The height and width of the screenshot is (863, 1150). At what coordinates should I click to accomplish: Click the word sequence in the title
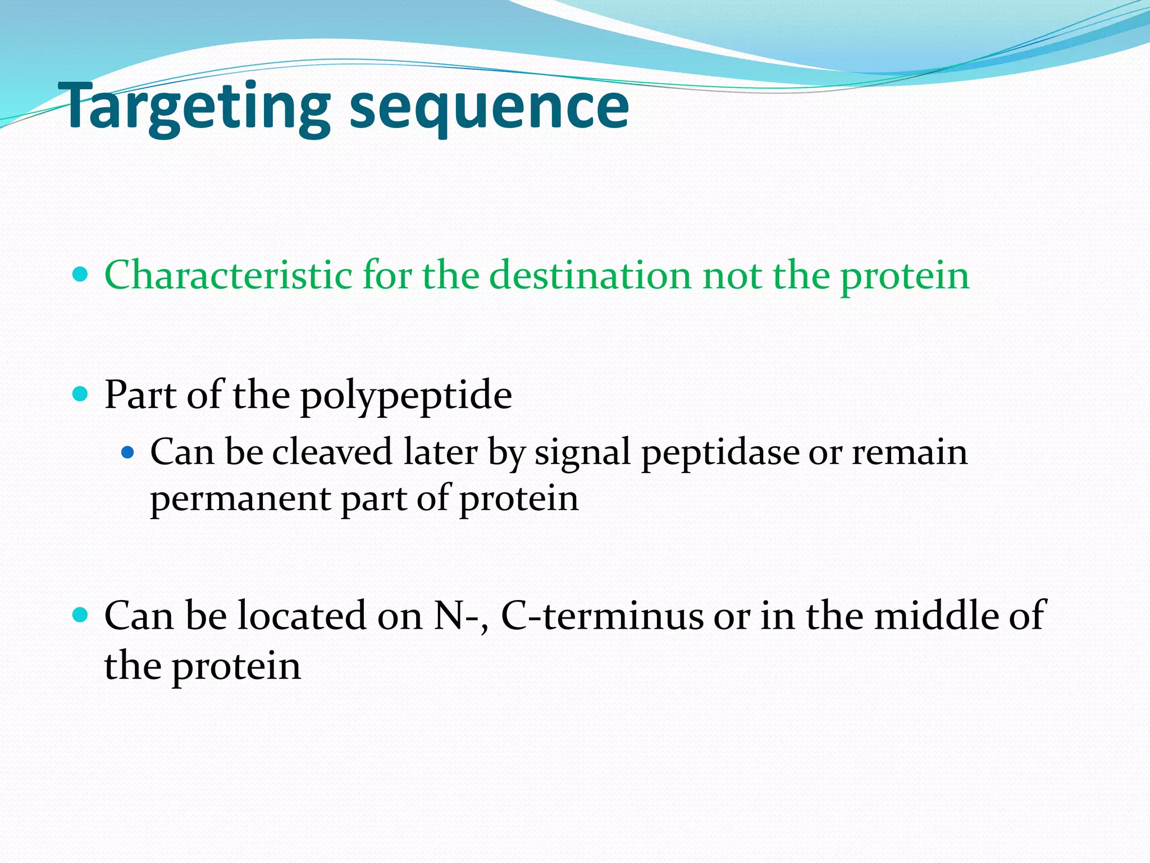[489, 107]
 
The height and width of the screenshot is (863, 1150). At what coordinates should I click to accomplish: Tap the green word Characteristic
[228, 275]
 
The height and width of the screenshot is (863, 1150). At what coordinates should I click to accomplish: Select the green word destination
[590, 275]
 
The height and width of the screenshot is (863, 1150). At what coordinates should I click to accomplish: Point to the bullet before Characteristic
[81, 275]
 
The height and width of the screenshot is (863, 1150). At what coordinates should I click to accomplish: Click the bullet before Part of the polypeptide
[81, 394]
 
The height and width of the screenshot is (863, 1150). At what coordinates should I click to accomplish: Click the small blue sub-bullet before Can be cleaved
[128, 452]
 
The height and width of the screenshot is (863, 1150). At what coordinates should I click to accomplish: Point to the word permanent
[240, 499]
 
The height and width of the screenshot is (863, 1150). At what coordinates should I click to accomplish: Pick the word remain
[910, 452]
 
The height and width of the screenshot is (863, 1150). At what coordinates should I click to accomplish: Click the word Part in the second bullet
[140, 394]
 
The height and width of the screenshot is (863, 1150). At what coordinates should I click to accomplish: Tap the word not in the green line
[733, 275]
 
